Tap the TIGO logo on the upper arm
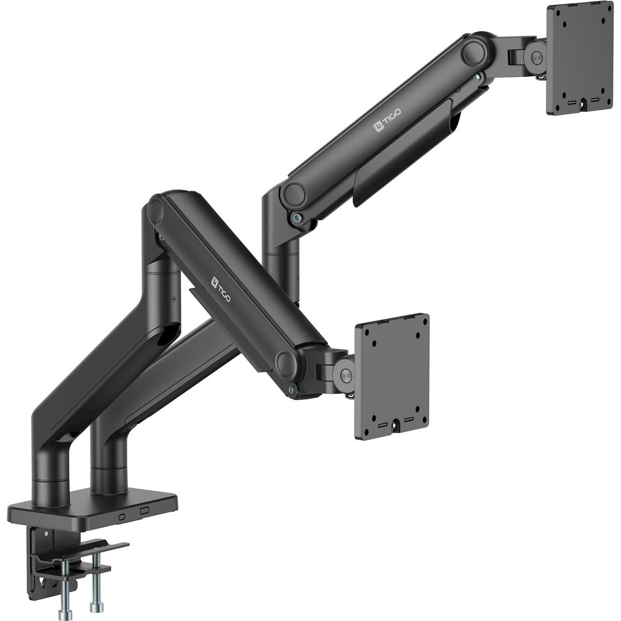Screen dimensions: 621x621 388,120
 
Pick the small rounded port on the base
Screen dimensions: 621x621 122,517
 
